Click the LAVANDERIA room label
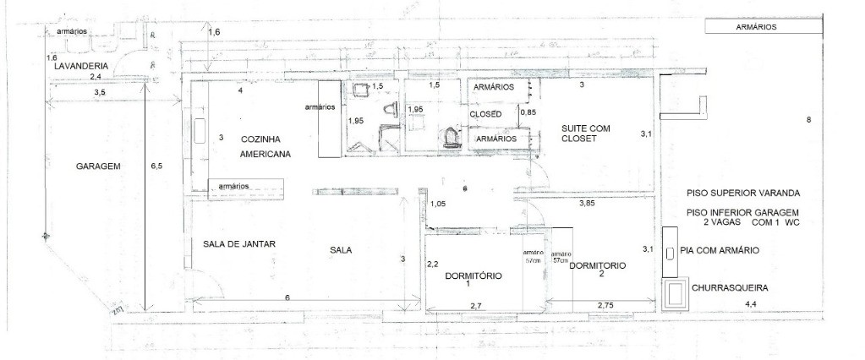click(x=80, y=65)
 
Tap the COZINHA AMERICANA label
click(x=266, y=146)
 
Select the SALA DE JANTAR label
click(x=240, y=244)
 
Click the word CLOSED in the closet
click(x=486, y=113)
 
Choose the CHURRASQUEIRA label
click(x=730, y=287)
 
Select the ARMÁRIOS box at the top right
click(x=757, y=27)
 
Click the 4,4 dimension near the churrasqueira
click(x=749, y=303)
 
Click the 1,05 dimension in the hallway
click(x=438, y=204)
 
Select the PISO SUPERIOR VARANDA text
click(x=743, y=192)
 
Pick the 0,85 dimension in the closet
click(x=528, y=112)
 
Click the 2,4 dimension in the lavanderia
click(x=96, y=75)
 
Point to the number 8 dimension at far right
click(x=808, y=120)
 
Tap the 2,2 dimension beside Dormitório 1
click(x=431, y=264)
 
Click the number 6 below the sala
click(x=287, y=297)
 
